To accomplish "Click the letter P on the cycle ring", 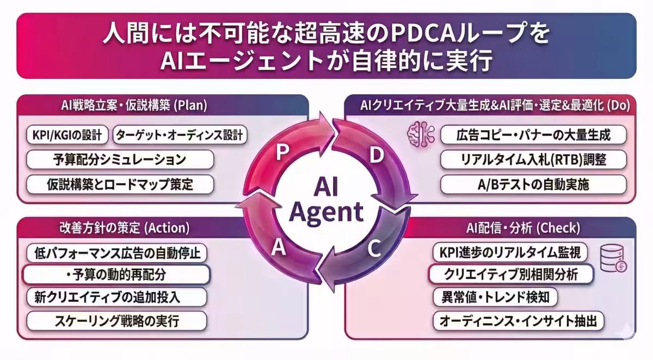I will pos(281,153).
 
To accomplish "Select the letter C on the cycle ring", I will pos(373,249).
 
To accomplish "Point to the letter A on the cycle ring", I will pos(279,248).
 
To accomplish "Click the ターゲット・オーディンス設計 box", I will pos(180,135).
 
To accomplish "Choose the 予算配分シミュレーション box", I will pos(120,160).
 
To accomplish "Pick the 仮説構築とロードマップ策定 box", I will pos(120,184).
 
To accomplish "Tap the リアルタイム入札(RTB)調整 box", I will pos(533,159).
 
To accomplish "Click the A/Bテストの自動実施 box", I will pos(533,184).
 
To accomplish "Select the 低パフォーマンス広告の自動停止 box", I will pos(117,253).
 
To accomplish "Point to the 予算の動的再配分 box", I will pos(116,275).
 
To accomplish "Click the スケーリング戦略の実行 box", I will pos(117,321).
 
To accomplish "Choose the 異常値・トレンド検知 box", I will pos(495,297).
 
